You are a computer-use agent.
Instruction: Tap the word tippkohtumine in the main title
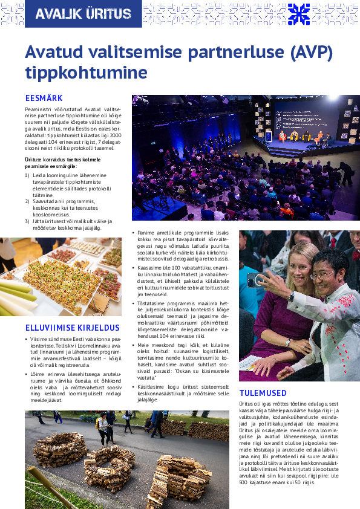tap(87, 73)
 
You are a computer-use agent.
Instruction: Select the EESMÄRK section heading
tap(44, 98)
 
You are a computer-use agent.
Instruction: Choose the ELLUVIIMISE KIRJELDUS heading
tap(71, 328)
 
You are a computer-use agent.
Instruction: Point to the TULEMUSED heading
tap(263, 393)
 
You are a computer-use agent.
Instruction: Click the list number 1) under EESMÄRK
tap(27, 175)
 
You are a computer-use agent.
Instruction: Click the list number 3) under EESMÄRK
tap(27, 221)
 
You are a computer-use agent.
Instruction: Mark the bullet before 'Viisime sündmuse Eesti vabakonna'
tap(27, 339)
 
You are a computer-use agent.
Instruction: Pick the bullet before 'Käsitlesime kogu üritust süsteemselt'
tap(134, 386)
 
